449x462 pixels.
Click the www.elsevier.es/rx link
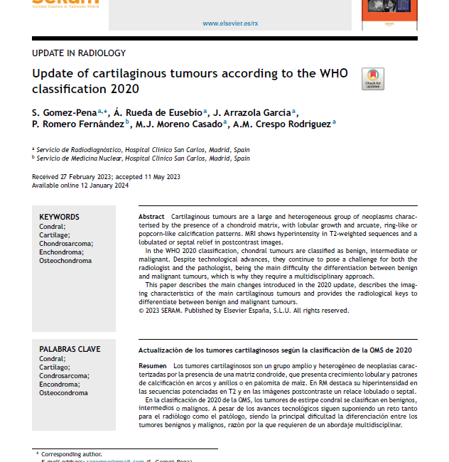(x=230, y=23)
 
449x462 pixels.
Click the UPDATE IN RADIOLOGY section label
(x=79, y=53)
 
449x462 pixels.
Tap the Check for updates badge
(x=373, y=79)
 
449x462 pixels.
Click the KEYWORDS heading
(x=59, y=217)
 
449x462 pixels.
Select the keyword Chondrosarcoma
(x=66, y=244)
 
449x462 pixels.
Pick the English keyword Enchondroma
(x=61, y=252)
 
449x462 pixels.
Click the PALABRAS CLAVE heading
(x=70, y=349)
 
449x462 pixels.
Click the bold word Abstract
(x=151, y=216)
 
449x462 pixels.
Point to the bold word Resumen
(x=152, y=365)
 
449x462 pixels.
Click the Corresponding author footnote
(x=71, y=453)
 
